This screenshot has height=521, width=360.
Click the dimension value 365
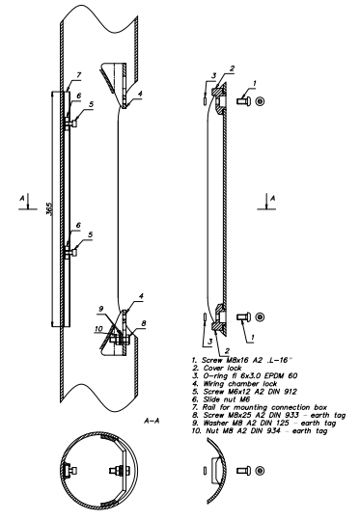pos(48,208)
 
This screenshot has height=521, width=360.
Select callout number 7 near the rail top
pos(79,75)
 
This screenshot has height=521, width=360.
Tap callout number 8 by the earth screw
pos(144,323)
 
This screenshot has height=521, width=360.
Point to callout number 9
pos(101,309)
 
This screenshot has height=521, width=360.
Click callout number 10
pos(98,329)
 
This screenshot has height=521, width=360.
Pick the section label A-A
pos(152,421)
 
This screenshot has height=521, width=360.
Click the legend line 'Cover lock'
pos(217,368)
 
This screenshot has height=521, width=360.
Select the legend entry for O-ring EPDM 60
pos(244,376)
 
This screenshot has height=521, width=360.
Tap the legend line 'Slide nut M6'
pos(221,399)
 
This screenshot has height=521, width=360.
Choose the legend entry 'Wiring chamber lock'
pos(235,384)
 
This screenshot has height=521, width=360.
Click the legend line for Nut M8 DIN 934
pos(260,431)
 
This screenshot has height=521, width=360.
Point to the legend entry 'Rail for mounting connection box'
pos(260,407)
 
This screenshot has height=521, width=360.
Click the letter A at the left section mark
pos(22,199)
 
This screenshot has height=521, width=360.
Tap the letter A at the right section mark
pos(273,199)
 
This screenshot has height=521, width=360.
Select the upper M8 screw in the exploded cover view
pos(243,100)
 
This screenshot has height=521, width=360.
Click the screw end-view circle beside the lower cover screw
pos(260,316)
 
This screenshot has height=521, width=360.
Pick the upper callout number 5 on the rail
pos(91,104)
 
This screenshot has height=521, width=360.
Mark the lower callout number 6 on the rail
pos(78,225)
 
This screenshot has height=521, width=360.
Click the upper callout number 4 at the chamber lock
pos(140,94)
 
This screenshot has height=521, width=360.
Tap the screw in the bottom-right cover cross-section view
pos(243,471)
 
